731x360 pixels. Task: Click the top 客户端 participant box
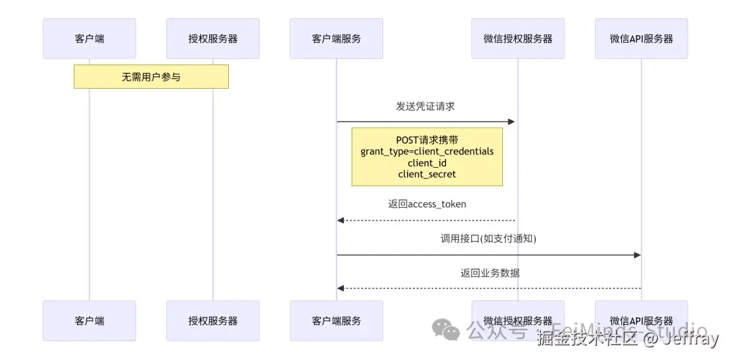click(x=89, y=39)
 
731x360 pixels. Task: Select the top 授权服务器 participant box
click(x=213, y=39)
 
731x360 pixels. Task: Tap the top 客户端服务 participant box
click(x=336, y=39)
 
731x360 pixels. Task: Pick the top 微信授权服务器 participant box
click(x=518, y=39)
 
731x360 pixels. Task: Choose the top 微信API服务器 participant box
click(x=641, y=39)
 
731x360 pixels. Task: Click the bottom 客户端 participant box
click(x=89, y=321)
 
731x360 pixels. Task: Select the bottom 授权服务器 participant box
click(x=213, y=321)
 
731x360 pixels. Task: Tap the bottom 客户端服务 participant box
click(x=336, y=321)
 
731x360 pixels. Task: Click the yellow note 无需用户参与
click(x=151, y=76)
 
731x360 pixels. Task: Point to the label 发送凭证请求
click(x=426, y=106)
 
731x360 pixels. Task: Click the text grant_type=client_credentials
click(x=427, y=151)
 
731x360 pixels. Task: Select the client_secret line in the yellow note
click(x=427, y=174)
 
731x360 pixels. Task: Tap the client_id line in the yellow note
click(x=427, y=162)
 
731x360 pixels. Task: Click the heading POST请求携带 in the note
click(x=427, y=139)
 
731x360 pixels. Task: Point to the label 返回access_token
click(x=427, y=204)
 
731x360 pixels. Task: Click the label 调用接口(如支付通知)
click(x=489, y=238)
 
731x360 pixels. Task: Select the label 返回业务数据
click(x=490, y=273)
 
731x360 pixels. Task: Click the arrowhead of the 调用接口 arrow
click(x=637, y=255)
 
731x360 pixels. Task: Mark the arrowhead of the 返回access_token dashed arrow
click(x=341, y=221)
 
